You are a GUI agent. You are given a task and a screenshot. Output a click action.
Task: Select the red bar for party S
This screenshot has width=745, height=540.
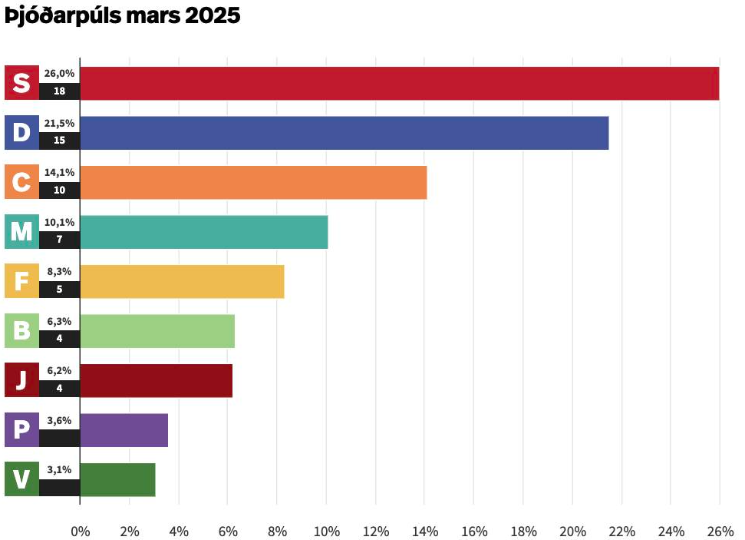click(x=399, y=83)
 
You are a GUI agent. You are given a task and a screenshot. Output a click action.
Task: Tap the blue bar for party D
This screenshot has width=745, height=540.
click(x=344, y=133)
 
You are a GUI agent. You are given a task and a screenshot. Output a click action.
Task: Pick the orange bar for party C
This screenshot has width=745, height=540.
click(x=253, y=182)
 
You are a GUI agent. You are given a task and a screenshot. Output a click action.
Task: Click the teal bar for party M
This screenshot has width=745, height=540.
click(x=203, y=231)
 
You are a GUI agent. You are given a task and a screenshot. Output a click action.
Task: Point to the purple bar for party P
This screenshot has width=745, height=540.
click(x=124, y=429)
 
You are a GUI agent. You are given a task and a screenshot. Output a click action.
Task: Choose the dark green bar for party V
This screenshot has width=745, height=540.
click(x=117, y=479)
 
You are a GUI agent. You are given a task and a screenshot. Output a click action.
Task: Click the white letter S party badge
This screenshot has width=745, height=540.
click(x=21, y=83)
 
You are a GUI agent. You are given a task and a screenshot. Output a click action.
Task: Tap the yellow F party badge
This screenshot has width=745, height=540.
click(x=21, y=281)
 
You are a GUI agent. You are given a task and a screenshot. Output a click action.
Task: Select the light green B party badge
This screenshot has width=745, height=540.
click(x=21, y=330)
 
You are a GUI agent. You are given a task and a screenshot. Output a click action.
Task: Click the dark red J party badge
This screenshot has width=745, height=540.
click(x=21, y=380)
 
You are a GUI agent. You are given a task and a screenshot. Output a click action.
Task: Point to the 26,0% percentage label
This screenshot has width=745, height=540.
click(x=59, y=74)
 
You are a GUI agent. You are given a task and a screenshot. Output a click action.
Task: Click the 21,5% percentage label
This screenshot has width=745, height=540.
click(x=59, y=123)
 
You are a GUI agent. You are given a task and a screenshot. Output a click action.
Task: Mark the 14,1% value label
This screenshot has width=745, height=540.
click(x=59, y=172)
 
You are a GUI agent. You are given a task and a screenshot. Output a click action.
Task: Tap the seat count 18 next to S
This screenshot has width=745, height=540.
click(x=59, y=91)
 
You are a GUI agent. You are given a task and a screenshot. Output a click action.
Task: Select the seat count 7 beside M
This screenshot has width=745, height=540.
click(x=59, y=240)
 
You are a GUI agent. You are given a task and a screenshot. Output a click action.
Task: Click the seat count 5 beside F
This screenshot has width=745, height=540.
click(x=59, y=290)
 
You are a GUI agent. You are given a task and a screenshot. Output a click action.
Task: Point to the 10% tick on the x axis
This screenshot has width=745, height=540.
click(x=326, y=531)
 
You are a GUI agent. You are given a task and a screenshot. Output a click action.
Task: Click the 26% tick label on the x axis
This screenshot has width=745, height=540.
click(x=720, y=531)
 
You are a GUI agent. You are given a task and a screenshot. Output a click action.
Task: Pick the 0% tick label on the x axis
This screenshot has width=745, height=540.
click(x=80, y=531)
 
